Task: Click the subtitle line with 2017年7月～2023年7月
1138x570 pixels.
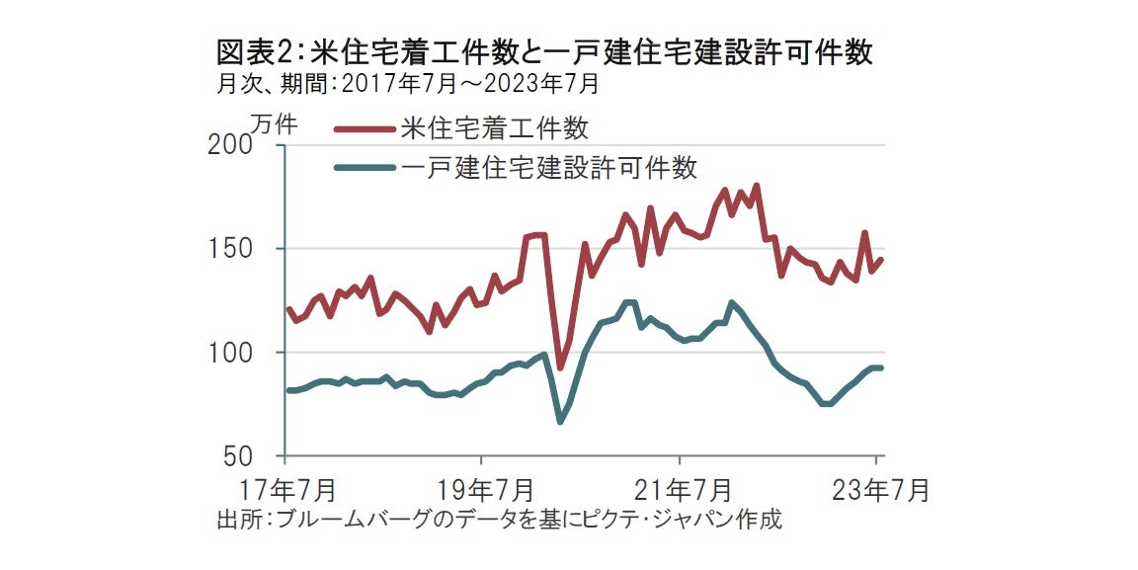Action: click(407, 84)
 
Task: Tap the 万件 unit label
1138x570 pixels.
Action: click(273, 123)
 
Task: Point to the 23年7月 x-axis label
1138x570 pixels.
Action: click(877, 490)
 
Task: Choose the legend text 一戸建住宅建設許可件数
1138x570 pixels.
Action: click(550, 167)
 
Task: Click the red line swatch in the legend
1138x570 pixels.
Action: click(365, 128)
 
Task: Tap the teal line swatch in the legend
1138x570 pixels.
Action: click(365, 168)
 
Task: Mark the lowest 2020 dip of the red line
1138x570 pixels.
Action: click(560, 367)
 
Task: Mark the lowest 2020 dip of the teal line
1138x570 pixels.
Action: click(560, 421)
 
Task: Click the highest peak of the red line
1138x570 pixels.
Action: click(756, 186)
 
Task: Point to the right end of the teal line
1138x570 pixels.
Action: click(880, 367)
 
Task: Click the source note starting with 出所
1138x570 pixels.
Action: click(499, 520)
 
